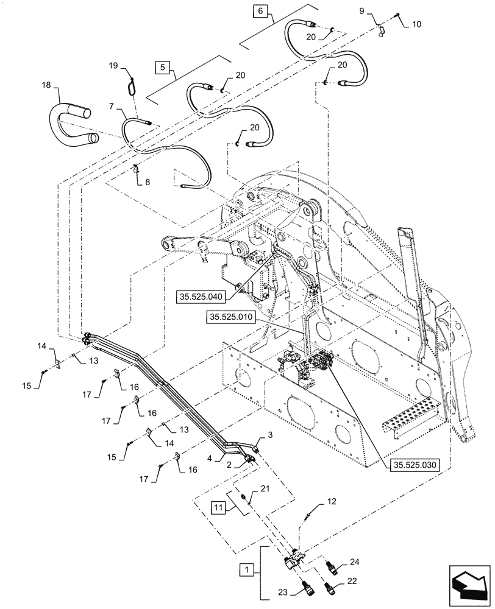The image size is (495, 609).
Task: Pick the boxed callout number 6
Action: pyautogui.click(x=260, y=12)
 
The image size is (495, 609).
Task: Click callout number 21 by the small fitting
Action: pyautogui.click(x=265, y=488)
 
